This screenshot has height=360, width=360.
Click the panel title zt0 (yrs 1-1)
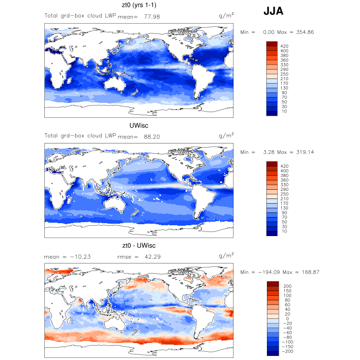tap(139, 6)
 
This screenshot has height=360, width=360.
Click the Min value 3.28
tap(268, 152)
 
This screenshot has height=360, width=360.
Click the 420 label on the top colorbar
tap(285, 46)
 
